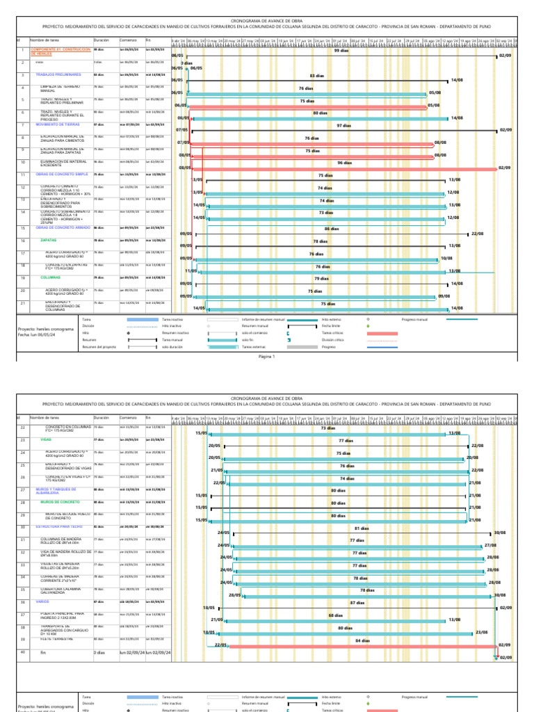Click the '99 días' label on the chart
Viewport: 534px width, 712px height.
point(341,51)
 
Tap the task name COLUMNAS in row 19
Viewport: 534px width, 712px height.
point(51,277)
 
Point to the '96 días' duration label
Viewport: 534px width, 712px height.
point(344,163)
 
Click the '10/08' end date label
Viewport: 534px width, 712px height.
point(447,258)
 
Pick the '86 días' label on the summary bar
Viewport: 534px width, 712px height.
point(332,228)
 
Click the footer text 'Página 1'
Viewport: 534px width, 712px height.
point(267,356)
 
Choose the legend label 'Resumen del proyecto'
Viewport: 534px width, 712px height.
point(97,346)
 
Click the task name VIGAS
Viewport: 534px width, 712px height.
point(47,440)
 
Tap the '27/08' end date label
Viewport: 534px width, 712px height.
point(490,545)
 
